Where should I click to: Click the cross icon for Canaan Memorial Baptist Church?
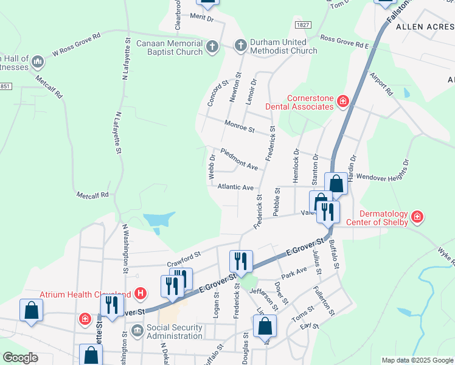[x=212, y=47]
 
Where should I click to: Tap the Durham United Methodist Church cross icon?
[x=241, y=45]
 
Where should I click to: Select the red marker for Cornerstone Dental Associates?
[x=343, y=101]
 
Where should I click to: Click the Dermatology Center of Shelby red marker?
[x=417, y=217]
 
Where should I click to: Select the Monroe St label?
[x=240, y=128]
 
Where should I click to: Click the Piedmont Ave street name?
[x=240, y=159]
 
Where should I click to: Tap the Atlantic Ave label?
[x=235, y=188]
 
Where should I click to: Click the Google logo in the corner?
[x=21, y=358]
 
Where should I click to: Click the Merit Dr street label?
[x=203, y=18]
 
